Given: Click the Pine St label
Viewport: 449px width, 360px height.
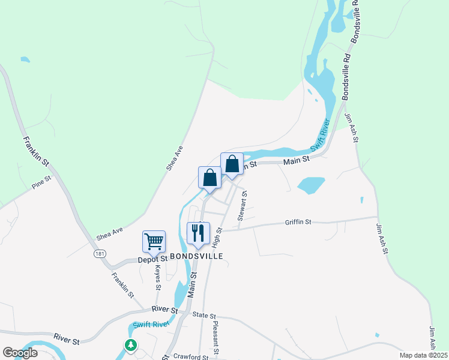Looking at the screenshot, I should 42,184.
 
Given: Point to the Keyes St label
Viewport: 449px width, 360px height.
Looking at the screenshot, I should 158,278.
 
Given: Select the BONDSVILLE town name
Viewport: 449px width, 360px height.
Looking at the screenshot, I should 197,256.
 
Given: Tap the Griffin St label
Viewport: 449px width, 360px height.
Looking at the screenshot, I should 298,222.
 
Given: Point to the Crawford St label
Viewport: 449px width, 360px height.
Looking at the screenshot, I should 190,356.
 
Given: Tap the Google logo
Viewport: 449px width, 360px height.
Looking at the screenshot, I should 20,353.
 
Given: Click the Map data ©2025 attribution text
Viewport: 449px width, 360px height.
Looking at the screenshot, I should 423,355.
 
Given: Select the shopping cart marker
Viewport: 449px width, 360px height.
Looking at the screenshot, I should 154,242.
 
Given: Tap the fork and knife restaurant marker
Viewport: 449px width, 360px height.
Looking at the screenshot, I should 199,233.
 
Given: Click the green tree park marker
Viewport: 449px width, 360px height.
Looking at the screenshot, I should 130,345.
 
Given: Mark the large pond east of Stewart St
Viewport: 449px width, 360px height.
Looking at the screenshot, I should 311,185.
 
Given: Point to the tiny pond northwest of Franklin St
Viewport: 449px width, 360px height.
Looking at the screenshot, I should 25,60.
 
